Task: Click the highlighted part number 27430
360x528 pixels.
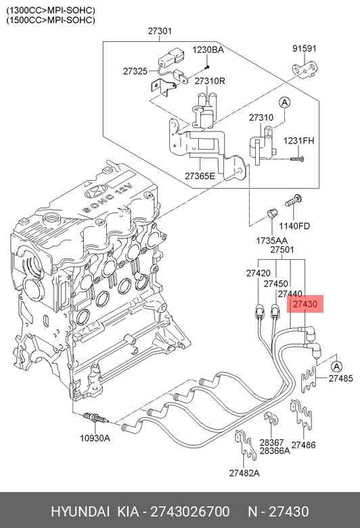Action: click(305, 304)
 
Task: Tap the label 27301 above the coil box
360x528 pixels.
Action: click(160, 31)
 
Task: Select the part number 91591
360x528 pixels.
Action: click(304, 49)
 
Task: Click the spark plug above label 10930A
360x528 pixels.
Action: click(96, 419)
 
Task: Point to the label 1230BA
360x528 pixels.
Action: click(208, 50)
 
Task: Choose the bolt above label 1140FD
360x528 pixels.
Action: click(294, 201)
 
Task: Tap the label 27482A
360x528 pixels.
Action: click(244, 473)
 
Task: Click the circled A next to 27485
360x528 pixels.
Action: click(336, 367)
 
